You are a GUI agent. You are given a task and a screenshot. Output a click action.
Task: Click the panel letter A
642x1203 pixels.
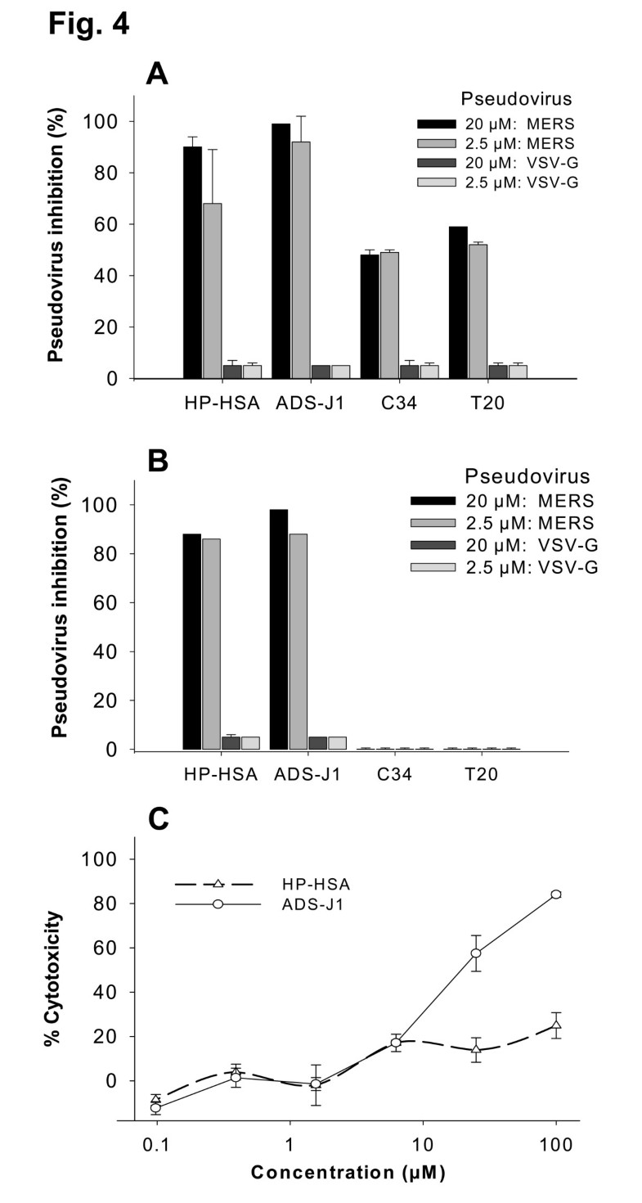pyautogui.click(x=157, y=74)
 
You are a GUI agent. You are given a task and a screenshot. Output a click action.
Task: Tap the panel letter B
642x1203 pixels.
pyautogui.click(x=157, y=461)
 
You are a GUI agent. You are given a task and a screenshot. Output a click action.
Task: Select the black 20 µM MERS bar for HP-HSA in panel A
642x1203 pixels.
pyautogui.click(x=192, y=262)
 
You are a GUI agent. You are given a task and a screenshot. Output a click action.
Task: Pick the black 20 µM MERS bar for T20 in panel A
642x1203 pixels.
pyautogui.click(x=457, y=302)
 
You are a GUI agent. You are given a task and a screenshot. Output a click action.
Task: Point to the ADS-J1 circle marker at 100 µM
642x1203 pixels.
pyautogui.click(x=556, y=894)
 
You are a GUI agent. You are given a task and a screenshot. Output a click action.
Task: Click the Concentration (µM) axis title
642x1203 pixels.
pyautogui.click(x=348, y=1173)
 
